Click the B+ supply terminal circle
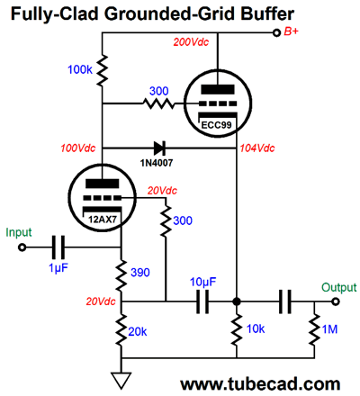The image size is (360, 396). pyautogui.click(x=276, y=32)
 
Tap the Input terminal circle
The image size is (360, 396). pyautogui.click(x=22, y=247)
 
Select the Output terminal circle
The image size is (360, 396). pyautogui.click(x=336, y=301)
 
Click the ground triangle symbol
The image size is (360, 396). pyautogui.click(x=121, y=380)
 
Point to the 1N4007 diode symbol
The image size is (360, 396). pyautogui.click(x=159, y=148)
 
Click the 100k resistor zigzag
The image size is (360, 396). pyautogui.click(x=103, y=70)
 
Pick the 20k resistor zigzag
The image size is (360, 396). pyautogui.click(x=121, y=330)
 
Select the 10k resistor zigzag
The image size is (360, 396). pyautogui.click(x=237, y=329)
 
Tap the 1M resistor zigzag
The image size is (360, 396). pyautogui.click(x=314, y=329)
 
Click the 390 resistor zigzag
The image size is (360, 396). pyautogui.click(x=121, y=275)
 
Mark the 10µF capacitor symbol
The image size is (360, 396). pyautogui.click(x=202, y=301)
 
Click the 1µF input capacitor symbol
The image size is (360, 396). pyautogui.click(x=58, y=247)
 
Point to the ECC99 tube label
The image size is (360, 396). pyautogui.click(x=216, y=124)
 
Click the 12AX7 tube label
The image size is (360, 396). pyautogui.click(x=103, y=220)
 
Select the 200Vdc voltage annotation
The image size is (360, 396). pyautogui.click(x=191, y=42)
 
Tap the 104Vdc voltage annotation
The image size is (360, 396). pyautogui.click(x=257, y=148)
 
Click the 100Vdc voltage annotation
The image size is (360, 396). pyautogui.click(x=78, y=148)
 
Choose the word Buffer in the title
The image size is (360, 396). pyautogui.click(x=267, y=13)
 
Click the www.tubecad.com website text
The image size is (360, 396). pyautogui.click(x=260, y=384)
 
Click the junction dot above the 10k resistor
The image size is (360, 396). pyautogui.click(x=237, y=301)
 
